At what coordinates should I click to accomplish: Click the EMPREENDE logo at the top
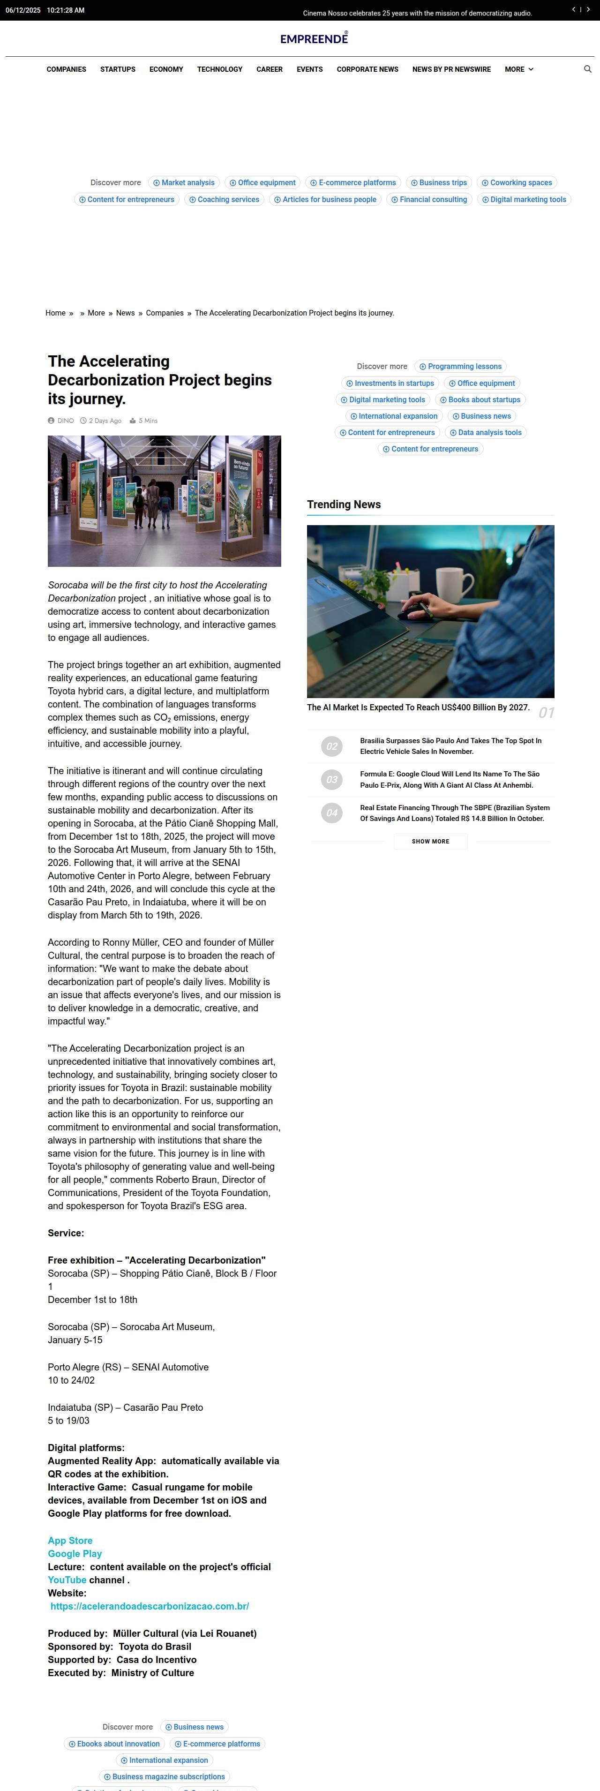pyautogui.click(x=314, y=39)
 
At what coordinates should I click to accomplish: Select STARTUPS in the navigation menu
pyautogui.click(x=118, y=69)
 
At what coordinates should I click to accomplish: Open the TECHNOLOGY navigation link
pyautogui.click(x=220, y=69)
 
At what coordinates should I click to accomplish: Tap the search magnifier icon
pyautogui.click(x=587, y=69)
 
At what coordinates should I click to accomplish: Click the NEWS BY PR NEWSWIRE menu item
pyautogui.click(x=451, y=69)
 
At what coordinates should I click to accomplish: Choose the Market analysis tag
pyautogui.click(x=184, y=183)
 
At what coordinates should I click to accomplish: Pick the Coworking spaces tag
pyautogui.click(x=517, y=183)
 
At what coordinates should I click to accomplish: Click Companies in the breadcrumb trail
pyautogui.click(x=165, y=313)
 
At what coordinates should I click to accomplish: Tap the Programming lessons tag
pyautogui.click(x=460, y=366)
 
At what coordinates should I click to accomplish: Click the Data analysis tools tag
pyautogui.click(x=485, y=432)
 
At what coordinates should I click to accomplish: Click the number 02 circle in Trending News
pyautogui.click(x=331, y=746)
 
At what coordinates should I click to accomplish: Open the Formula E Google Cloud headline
pyautogui.click(x=449, y=779)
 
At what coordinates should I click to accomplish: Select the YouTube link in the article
pyautogui.click(x=67, y=1580)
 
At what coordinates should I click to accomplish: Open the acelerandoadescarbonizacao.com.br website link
pyautogui.click(x=150, y=1606)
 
